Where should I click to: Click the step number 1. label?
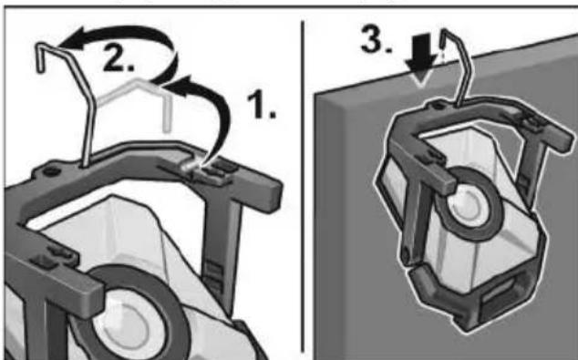(261, 106)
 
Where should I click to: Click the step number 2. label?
(119, 57)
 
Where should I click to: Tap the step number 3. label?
(376, 39)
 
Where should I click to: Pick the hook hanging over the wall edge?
(457, 67)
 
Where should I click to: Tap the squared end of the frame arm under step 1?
(272, 196)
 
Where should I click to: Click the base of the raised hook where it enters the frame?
(84, 164)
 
